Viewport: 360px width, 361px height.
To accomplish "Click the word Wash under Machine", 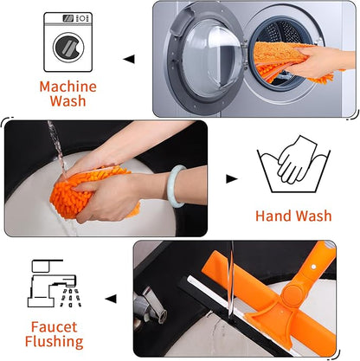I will pos(68,101).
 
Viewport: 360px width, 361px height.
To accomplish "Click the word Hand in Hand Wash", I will pos(273,216).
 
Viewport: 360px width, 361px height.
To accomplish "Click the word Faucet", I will pos(56,326).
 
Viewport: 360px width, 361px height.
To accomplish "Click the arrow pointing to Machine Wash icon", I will pos(128,59).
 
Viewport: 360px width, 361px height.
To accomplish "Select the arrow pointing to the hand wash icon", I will pos(231,179).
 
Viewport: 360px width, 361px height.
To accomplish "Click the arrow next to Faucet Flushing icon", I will pos(110,299).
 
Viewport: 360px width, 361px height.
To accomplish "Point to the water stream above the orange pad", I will pos(55,143).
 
